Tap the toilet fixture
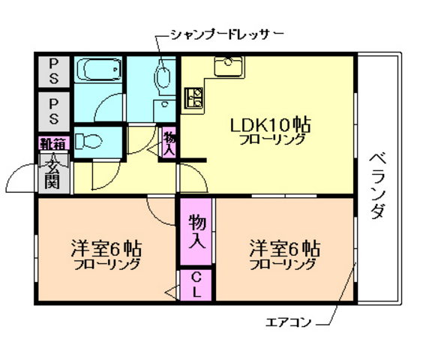click(x=91, y=140)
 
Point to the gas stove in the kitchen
click(x=194, y=97)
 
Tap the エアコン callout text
click(x=289, y=323)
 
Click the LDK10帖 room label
click(x=271, y=124)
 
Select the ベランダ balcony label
click(x=378, y=184)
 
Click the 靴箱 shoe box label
click(x=53, y=142)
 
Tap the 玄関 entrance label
click(x=52, y=172)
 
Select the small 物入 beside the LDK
click(x=169, y=142)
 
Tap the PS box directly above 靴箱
click(x=54, y=110)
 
